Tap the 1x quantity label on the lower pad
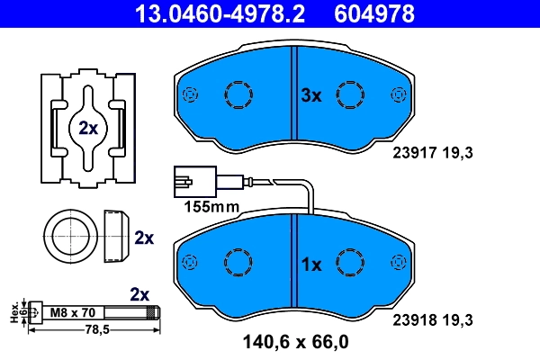[x=310, y=265]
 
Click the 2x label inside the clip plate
[x=87, y=128]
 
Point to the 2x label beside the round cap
[x=143, y=238]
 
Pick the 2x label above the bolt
[x=139, y=294]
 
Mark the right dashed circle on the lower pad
[x=349, y=262]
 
